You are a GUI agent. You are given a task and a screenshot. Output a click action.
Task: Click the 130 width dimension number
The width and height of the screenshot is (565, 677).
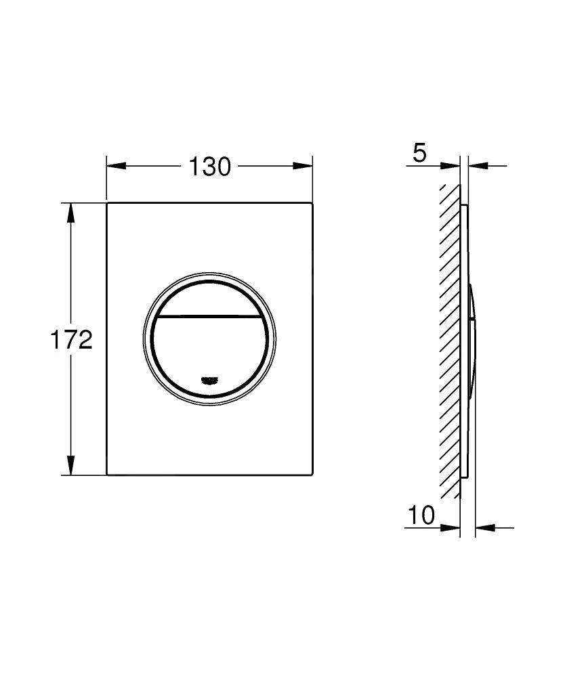coord(209,166)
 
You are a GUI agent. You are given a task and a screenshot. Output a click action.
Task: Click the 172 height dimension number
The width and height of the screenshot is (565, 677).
coord(71,340)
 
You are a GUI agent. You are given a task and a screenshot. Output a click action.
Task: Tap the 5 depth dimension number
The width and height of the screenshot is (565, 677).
coord(419,153)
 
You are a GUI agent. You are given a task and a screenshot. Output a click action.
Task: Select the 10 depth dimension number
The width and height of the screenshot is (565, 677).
coord(421,516)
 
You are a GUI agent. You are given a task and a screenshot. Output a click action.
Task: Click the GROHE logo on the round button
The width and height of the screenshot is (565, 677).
coord(210,380)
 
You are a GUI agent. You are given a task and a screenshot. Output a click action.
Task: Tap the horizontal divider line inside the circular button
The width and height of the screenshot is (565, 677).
coord(209,316)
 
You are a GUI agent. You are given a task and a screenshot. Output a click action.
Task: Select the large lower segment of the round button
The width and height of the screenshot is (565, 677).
coord(209,352)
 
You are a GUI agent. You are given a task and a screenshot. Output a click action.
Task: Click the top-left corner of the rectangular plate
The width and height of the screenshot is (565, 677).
coord(108,203)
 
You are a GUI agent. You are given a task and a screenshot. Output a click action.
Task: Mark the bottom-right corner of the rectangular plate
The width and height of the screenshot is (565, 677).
coord(312,474)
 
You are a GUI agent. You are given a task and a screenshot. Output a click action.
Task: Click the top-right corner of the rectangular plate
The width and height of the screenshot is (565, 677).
coord(312,203)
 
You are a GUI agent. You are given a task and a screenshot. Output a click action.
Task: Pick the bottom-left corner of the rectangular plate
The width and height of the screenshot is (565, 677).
coord(108,474)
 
